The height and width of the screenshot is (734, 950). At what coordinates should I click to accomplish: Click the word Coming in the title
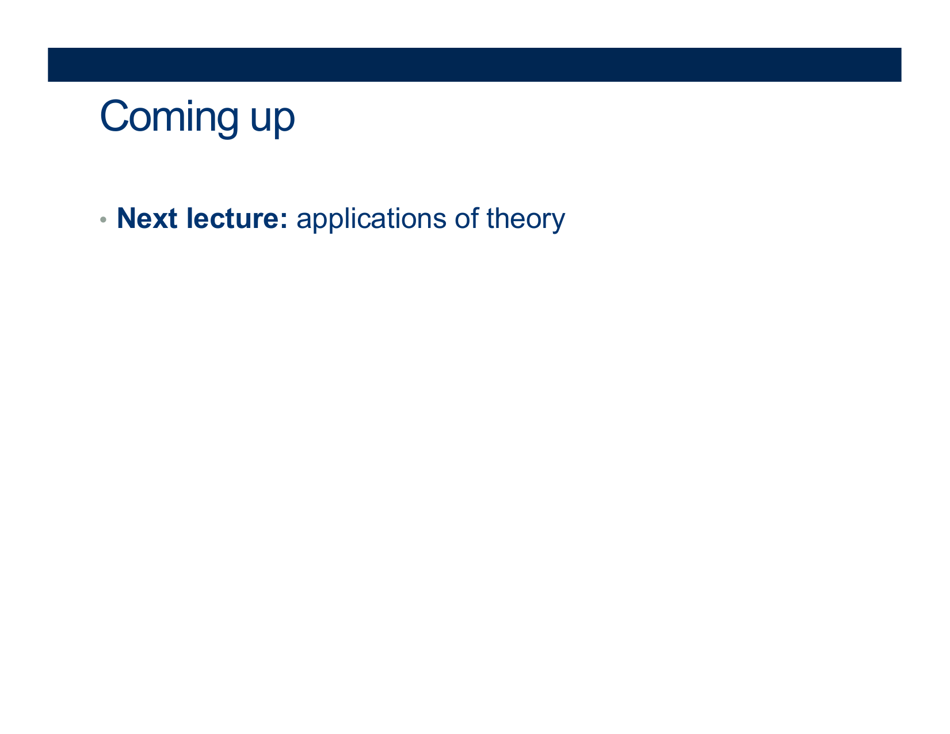click(169, 117)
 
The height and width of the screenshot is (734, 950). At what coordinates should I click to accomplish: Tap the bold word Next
click(147, 218)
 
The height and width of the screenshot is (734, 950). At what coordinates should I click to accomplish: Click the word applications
click(371, 219)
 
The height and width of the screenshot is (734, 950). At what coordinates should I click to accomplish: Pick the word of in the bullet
click(467, 218)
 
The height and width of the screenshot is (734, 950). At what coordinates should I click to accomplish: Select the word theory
click(525, 219)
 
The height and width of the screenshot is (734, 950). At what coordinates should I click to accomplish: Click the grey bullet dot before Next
click(103, 219)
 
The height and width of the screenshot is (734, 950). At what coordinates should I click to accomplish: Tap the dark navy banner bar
click(474, 64)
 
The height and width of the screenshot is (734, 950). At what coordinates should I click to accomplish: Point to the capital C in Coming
click(114, 116)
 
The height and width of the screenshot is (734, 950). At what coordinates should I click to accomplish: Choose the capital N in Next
click(127, 218)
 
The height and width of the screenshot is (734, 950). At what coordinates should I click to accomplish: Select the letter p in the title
click(285, 123)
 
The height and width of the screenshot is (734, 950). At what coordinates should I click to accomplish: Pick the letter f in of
click(475, 218)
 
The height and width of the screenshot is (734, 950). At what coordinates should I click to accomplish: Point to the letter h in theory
click(503, 218)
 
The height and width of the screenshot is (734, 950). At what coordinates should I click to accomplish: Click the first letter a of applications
click(304, 221)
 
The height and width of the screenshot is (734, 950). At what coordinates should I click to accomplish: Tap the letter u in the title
click(260, 119)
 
